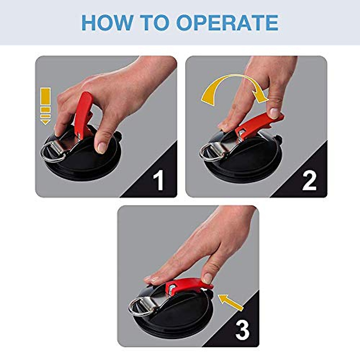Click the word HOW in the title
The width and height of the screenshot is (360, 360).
[x=107, y=22]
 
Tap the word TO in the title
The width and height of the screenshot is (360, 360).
[x=157, y=22]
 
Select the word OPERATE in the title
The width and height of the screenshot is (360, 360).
[x=227, y=22]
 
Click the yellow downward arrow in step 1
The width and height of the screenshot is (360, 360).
[x=46, y=106]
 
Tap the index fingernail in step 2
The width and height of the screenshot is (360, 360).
[x=274, y=113]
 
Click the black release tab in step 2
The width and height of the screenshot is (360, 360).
[x=279, y=139]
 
